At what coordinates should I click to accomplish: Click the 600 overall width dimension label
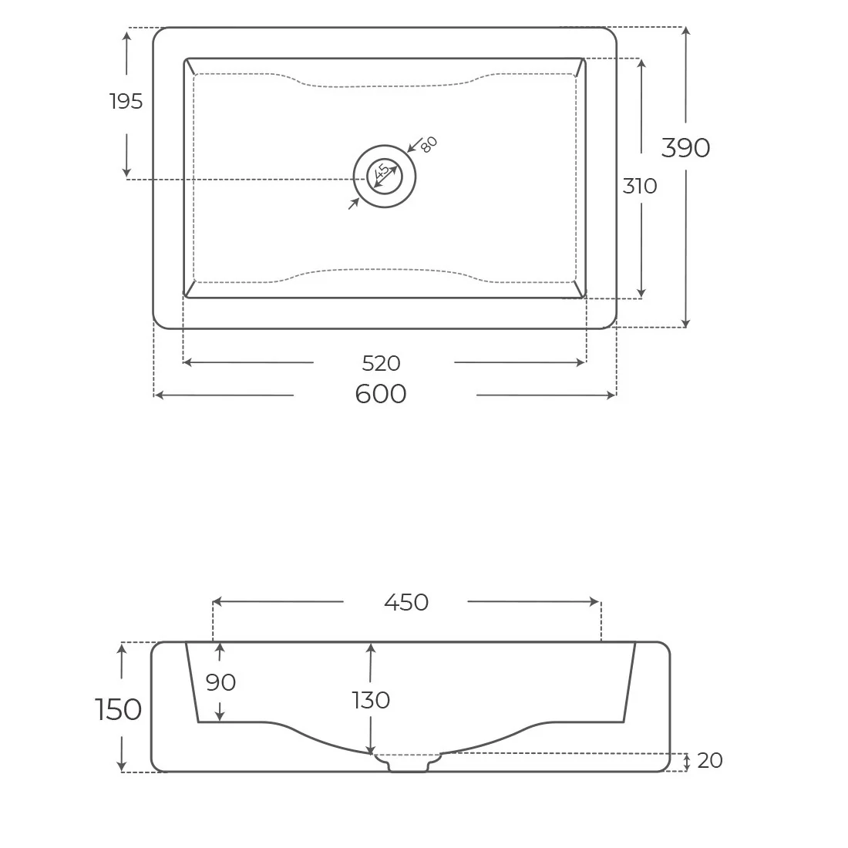pyautogui.click(x=381, y=394)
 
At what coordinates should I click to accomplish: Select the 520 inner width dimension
pyautogui.click(x=382, y=363)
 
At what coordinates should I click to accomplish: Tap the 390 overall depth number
pyautogui.click(x=686, y=147)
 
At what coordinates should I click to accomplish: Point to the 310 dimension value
pyautogui.click(x=640, y=186)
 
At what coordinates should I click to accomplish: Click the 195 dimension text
pyautogui.click(x=126, y=101)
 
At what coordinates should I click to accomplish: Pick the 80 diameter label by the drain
pyautogui.click(x=429, y=144)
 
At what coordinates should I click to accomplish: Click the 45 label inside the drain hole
pyautogui.click(x=382, y=171)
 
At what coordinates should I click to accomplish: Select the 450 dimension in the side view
pyautogui.click(x=406, y=602)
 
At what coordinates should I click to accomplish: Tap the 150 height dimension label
pyautogui.click(x=119, y=709)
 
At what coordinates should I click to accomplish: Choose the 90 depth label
pyautogui.click(x=220, y=682)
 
